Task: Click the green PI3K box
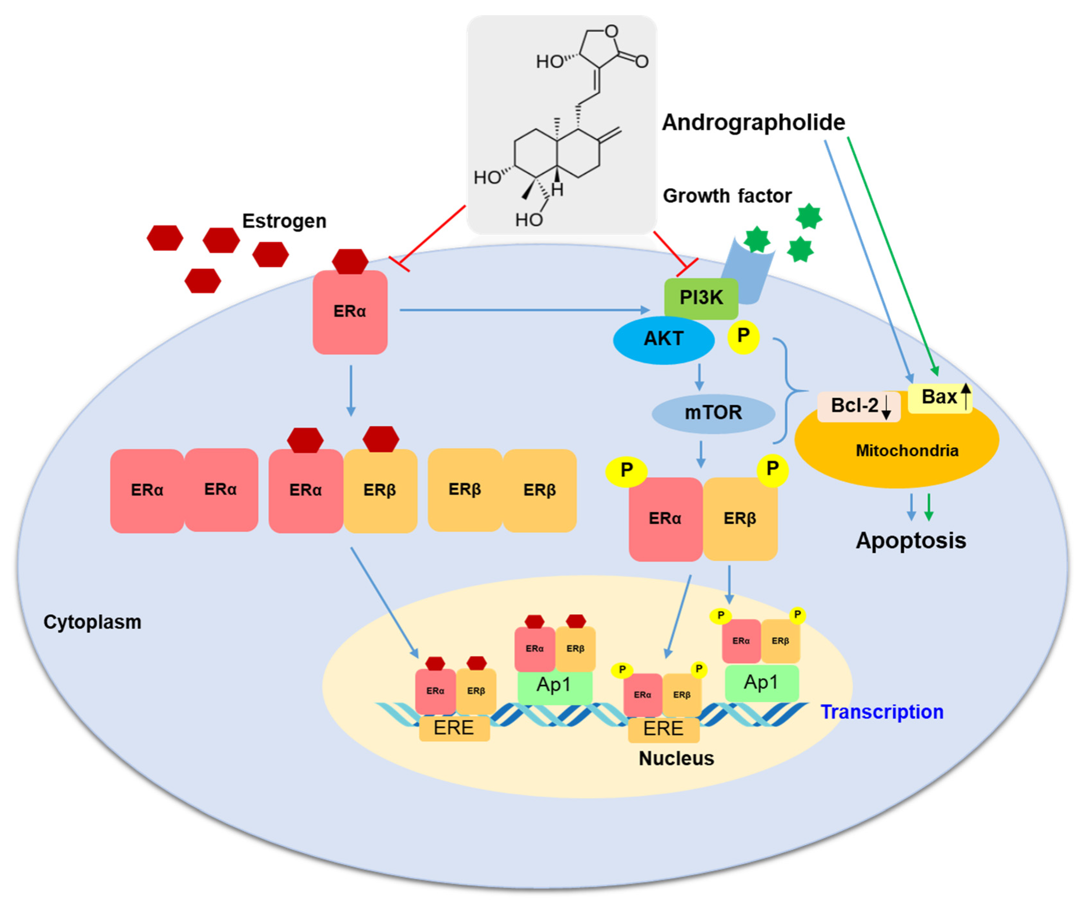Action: pyautogui.click(x=701, y=298)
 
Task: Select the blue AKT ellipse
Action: pyautogui.click(x=663, y=339)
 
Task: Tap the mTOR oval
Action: pyautogui.click(x=713, y=413)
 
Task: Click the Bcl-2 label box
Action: pyautogui.click(x=858, y=406)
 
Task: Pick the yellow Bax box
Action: pyautogui.click(x=939, y=397)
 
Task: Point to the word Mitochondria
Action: pyautogui.click(x=907, y=451)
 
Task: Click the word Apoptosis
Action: pyautogui.click(x=911, y=541)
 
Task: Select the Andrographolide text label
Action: pyautogui.click(x=753, y=122)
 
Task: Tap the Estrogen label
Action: pyautogui.click(x=284, y=221)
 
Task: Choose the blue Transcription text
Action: pyautogui.click(x=882, y=712)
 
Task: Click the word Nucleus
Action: pyautogui.click(x=676, y=759)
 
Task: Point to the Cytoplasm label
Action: pyautogui.click(x=93, y=622)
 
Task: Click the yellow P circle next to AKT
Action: pyautogui.click(x=743, y=336)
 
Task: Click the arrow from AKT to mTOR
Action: pyautogui.click(x=699, y=378)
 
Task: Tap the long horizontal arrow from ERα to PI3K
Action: pyautogui.click(x=524, y=310)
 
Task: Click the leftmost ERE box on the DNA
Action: pyautogui.click(x=454, y=728)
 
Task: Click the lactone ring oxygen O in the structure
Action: pyautogui.click(x=611, y=32)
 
